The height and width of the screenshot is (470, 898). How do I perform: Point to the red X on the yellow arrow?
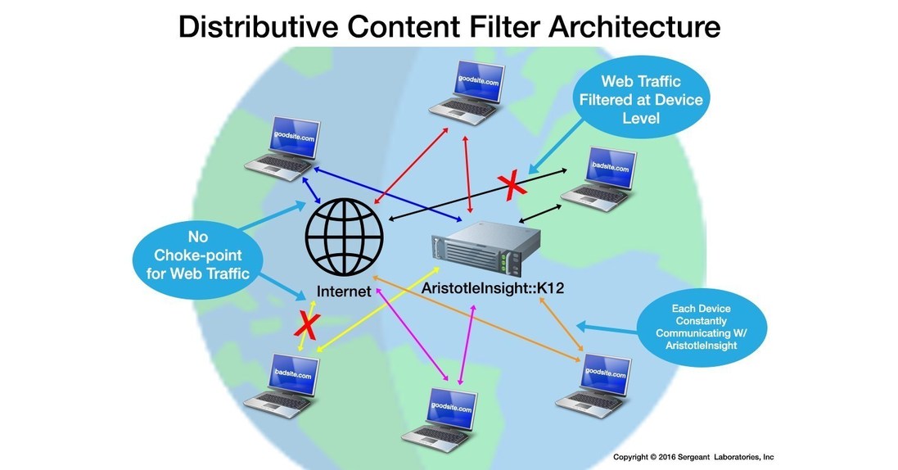click(x=307, y=326)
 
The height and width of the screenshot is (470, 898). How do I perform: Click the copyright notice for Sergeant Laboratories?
click(x=693, y=457)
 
